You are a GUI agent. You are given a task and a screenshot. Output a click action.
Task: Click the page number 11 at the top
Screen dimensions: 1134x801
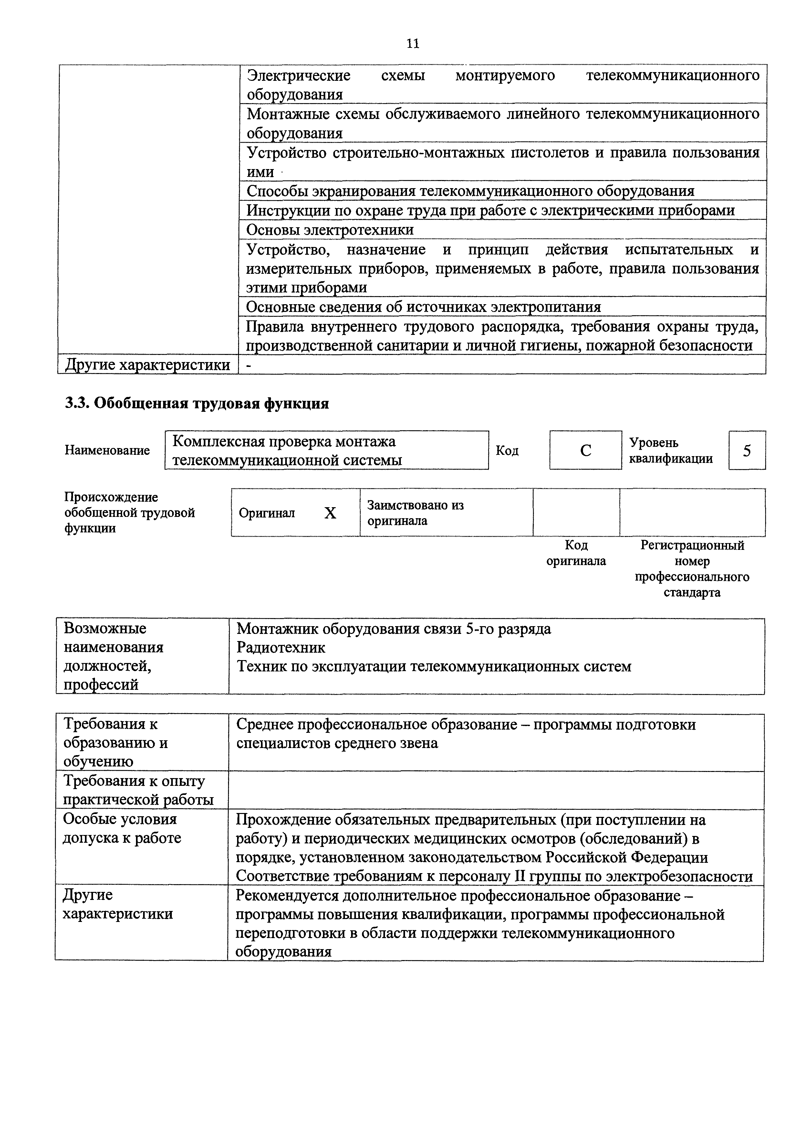point(412,44)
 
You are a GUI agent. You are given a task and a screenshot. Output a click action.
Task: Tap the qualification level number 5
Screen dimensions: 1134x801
point(747,450)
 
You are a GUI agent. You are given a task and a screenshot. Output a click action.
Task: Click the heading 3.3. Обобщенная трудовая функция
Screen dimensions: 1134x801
point(197,403)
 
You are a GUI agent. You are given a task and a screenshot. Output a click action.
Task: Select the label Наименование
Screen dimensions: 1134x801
point(107,450)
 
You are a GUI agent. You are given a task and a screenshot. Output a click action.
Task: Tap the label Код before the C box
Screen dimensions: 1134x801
point(507,450)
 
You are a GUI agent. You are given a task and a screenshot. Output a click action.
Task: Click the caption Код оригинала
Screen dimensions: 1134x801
point(576,553)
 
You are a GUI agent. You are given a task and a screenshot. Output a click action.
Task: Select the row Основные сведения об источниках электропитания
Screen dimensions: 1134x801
point(423,307)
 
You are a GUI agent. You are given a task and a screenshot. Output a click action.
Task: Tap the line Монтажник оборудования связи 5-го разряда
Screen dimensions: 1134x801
point(393,629)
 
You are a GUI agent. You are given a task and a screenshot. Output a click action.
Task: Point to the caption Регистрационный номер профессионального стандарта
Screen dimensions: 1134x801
point(692,569)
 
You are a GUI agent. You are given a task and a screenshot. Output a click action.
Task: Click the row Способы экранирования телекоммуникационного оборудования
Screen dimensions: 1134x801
point(470,191)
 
